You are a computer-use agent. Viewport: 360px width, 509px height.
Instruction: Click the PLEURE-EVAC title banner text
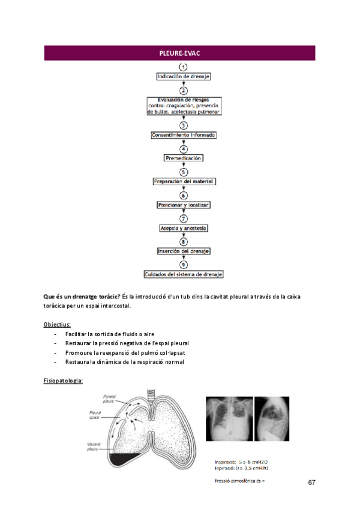[x=179, y=53]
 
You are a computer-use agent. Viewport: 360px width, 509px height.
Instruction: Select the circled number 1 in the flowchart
[x=184, y=67]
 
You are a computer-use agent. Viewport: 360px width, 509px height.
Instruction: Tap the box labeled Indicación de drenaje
[x=184, y=77]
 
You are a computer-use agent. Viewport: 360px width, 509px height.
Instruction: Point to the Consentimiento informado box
[x=184, y=136]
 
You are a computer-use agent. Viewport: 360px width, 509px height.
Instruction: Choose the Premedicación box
[x=184, y=158]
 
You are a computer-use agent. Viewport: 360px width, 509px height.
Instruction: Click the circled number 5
[x=184, y=171]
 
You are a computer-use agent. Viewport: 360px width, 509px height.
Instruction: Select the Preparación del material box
[x=184, y=181]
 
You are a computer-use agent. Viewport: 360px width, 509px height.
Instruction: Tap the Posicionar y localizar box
[x=184, y=205]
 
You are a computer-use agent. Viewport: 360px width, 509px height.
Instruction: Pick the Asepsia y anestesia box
[x=184, y=228]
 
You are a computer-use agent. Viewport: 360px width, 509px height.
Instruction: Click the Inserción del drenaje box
[x=184, y=251]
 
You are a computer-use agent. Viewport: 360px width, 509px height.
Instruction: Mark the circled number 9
[x=184, y=264]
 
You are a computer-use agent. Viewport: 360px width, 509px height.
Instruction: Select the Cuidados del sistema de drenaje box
[x=184, y=274]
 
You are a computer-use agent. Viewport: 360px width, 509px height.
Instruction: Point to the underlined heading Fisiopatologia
[x=63, y=381]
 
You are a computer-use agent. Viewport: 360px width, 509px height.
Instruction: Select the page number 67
[x=312, y=483]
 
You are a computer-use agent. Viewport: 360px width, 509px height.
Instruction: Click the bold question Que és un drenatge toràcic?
[x=82, y=297]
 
